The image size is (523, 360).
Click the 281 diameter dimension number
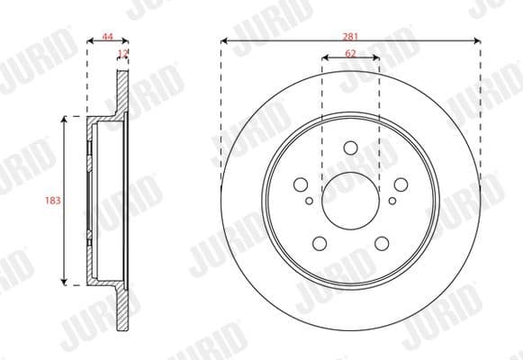pos(351,34)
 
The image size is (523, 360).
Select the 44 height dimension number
pos(107,36)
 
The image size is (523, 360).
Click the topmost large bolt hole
pos(351,149)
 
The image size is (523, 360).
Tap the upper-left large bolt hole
pos(303,184)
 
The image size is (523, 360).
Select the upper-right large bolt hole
pos(399,184)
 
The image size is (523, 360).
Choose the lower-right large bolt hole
pos(381,241)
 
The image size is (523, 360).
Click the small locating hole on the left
pos(310,202)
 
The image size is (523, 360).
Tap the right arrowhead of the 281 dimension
pos(475,40)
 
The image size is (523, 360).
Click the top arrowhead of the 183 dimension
pos(64,120)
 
